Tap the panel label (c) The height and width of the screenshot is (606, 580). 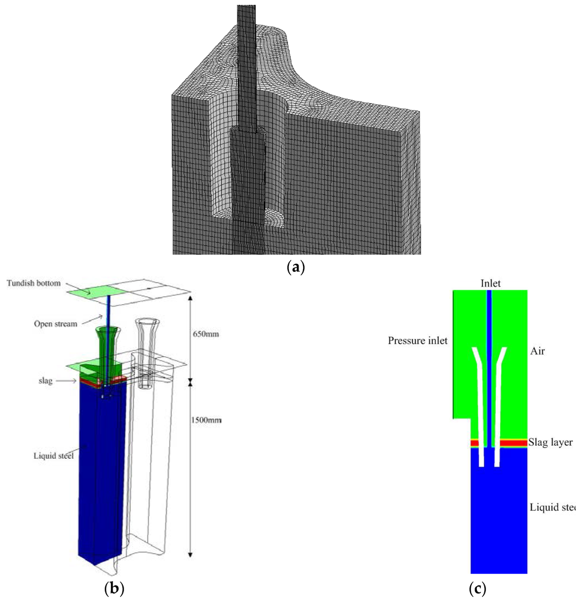coord(477,589)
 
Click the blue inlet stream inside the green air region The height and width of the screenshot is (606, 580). coord(490,340)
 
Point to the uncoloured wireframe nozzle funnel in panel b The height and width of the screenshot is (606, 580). coord(146,334)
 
